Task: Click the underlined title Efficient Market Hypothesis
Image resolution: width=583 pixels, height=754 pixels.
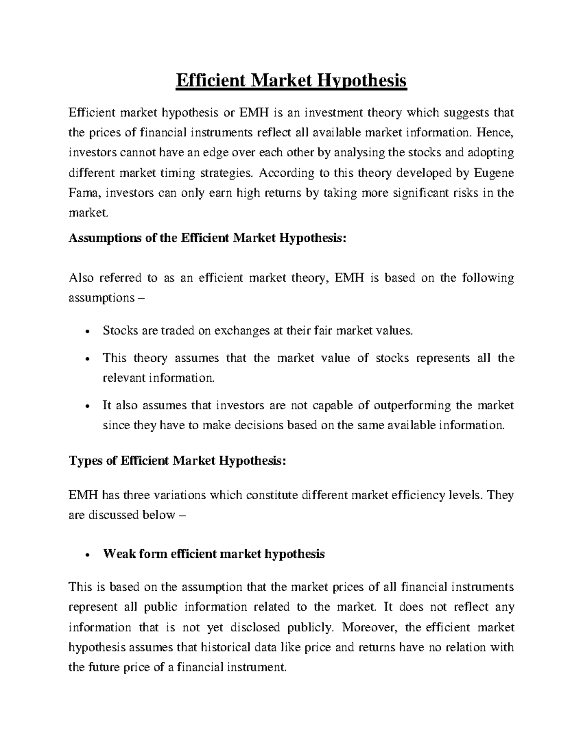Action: coord(291,81)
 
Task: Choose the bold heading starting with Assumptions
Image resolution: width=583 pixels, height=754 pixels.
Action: coord(208,238)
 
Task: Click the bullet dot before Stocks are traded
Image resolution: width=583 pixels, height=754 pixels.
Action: coord(86,332)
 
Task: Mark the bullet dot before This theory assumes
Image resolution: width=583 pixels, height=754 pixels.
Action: coord(86,359)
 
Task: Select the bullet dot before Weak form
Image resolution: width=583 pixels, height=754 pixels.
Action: coord(86,555)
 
